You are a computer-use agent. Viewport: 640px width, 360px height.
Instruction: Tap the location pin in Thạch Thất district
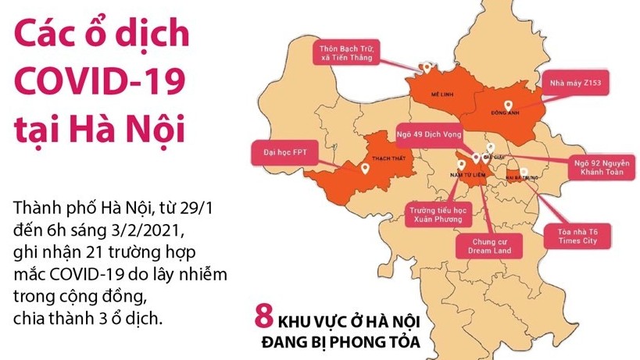point(365,166)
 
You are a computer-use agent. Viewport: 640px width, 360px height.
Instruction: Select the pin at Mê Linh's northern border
point(426,67)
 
